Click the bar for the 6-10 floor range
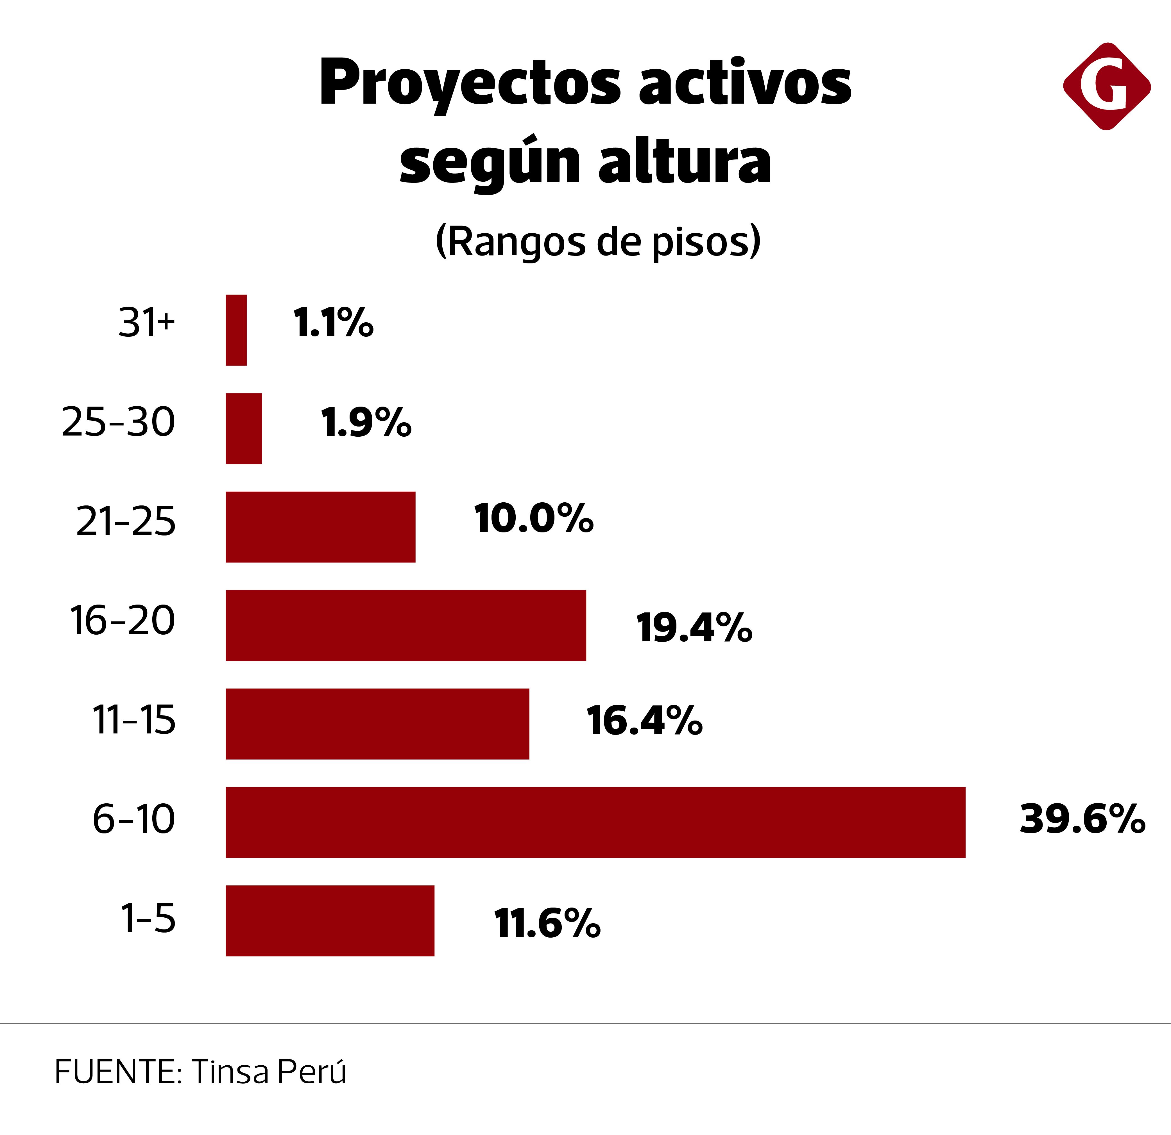tap(595, 822)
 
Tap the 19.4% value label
tap(694, 628)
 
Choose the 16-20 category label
tap(123, 620)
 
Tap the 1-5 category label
tap(148, 918)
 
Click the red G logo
tap(1106, 86)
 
